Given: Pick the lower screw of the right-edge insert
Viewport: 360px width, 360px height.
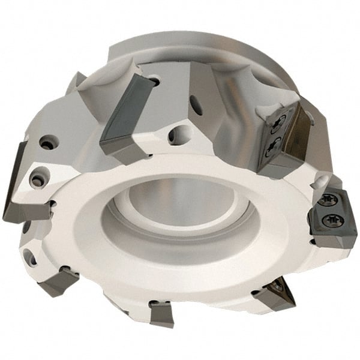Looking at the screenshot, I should (x=329, y=222).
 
